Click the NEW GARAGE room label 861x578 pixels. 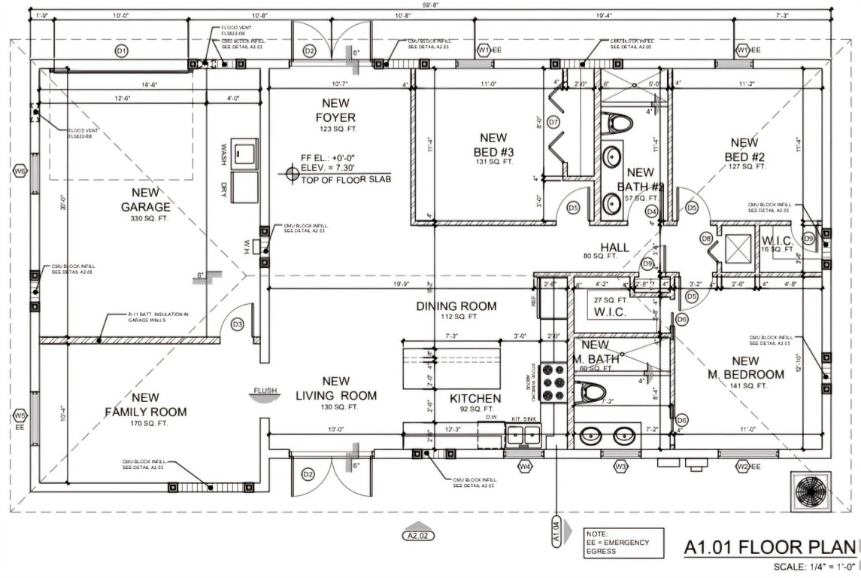point(146,200)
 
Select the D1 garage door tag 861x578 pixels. point(120,50)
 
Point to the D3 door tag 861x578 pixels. point(238,324)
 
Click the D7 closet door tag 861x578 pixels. point(553,122)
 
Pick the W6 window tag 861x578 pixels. point(20,172)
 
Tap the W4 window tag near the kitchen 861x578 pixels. point(525,467)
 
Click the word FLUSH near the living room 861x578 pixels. point(265,391)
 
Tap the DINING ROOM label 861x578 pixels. point(456,306)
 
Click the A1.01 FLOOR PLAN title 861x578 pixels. point(769,549)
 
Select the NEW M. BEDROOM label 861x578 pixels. point(745,368)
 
